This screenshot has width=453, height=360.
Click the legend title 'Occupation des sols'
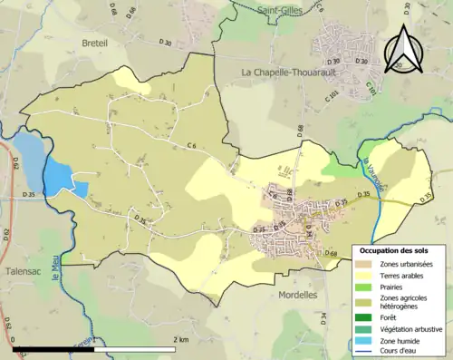(x=397, y=249)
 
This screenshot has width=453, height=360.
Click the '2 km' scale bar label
(x=180, y=339)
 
